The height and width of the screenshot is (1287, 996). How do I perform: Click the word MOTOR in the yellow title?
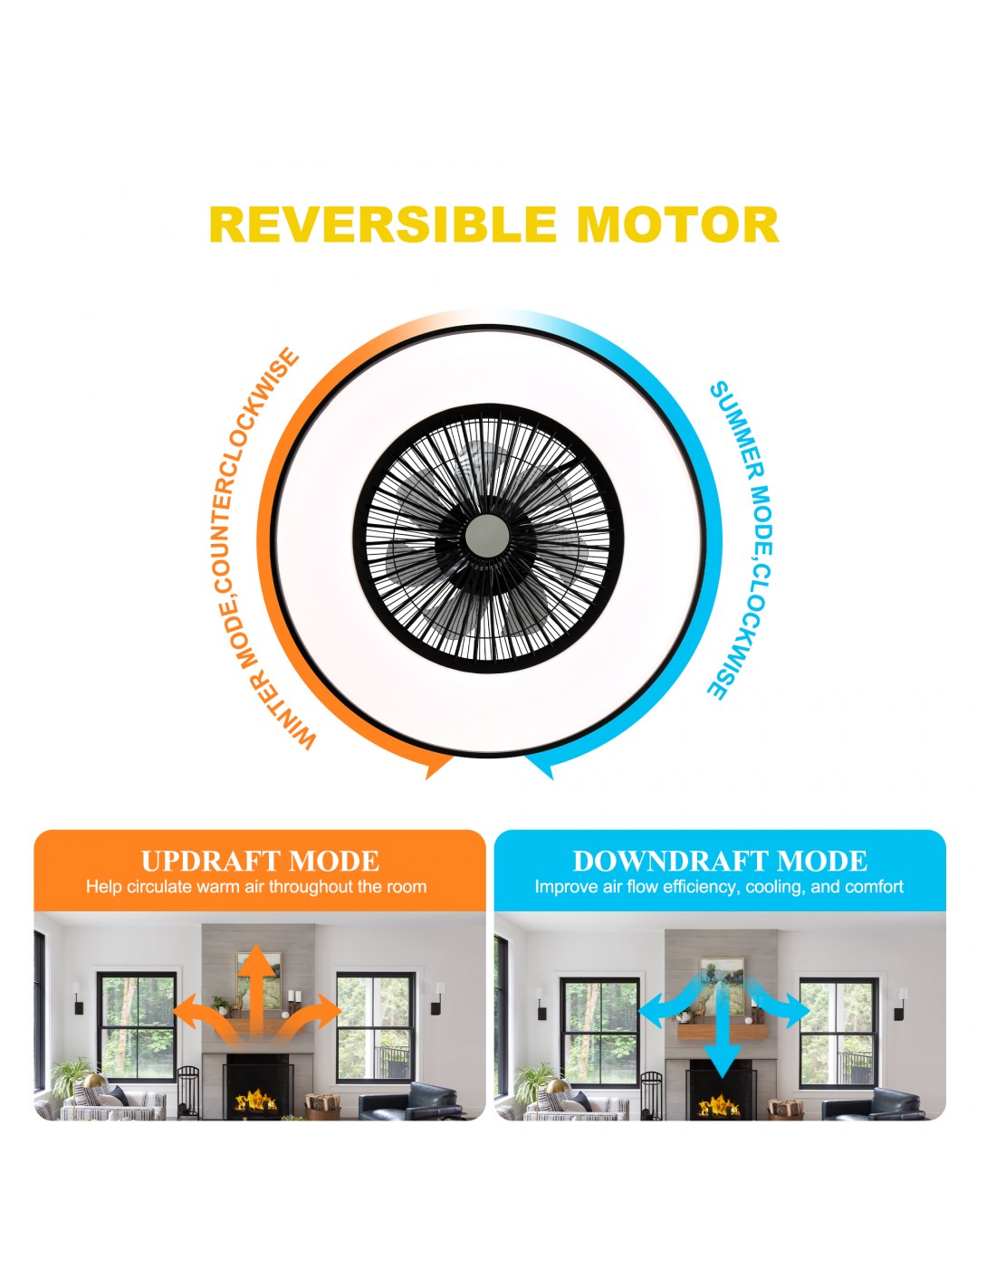click(677, 224)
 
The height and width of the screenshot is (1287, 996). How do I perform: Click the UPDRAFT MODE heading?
click(260, 861)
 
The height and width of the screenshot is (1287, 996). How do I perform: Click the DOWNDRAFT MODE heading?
click(720, 861)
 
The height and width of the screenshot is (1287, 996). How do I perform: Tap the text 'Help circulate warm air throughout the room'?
click(256, 887)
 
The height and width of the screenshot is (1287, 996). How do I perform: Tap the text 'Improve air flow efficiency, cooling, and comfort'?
click(719, 887)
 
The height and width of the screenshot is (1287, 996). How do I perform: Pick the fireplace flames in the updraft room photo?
click(256, 1101)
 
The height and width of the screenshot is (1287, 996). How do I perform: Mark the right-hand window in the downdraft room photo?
click(838, 1033)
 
